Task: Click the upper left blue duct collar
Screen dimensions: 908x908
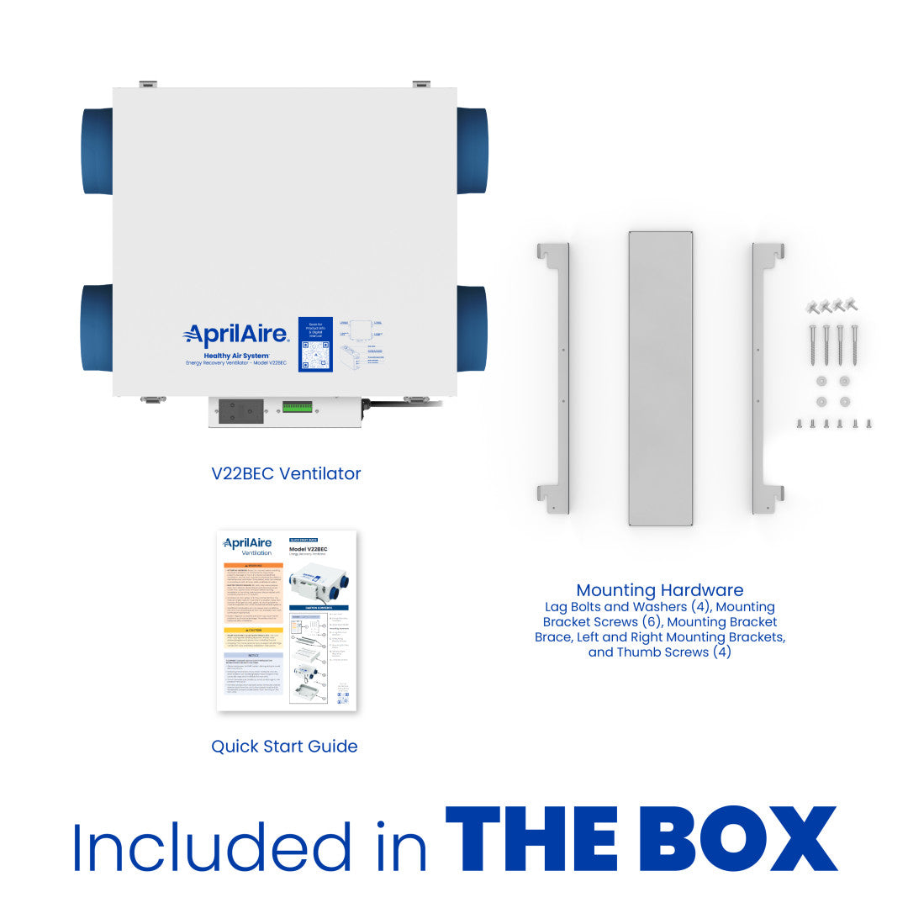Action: [x=97, y=151]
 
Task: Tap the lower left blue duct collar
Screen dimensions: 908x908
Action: [x=96, y=329]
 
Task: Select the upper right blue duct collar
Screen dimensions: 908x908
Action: [x=472, y=150]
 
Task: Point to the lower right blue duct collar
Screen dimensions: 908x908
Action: [x=472, y=329]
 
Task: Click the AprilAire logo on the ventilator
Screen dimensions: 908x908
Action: [x=236, y=336]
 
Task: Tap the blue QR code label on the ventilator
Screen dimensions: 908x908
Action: [x=315, y=346]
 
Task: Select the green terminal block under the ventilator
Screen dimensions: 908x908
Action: [x=298, y=408]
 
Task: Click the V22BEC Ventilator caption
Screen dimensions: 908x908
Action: [x=286, y=473]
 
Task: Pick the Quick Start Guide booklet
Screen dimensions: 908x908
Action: [x=287, y=620]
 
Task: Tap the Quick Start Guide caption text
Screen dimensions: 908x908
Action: [x=284, y=747]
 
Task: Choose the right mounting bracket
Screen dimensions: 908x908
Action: [x=767, y=377]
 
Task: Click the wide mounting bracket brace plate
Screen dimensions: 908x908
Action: [x=660, y=377]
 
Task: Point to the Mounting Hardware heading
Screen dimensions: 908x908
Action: [x=660, y=590]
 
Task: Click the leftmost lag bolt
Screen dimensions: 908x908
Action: [x=813, y=345]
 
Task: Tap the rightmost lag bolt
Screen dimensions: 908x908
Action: [x=854, y=345]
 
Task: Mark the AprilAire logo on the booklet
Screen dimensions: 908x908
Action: [x=249, y=543]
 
